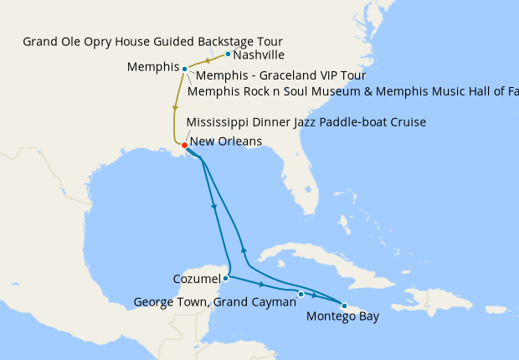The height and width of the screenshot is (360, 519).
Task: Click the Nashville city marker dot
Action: pyautogui.click(x=228, y=54)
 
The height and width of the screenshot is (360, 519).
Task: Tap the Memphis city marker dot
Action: pyautogui.click(x=184, y=69)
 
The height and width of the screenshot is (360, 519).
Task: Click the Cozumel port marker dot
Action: pyautogui.click(x=226, y=278)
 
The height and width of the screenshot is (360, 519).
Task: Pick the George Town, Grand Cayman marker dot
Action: pyautogui.click(x=301, y=294)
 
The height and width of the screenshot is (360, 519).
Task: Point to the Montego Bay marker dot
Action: pyautogui.click(x=344, y=305)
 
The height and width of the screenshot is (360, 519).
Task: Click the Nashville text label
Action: pyautogui.click(x=259, y=55)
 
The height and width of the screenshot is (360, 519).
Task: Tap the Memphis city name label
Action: pyautogui.click(x=153, y=67)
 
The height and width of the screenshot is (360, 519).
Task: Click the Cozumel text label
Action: pyautogui.click(x=197, y=279)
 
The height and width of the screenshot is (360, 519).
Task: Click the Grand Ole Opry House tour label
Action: pyautogui.click(x=152, y=41)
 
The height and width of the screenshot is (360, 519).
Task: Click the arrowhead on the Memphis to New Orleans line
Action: pyautogui.click(x=175, y=107)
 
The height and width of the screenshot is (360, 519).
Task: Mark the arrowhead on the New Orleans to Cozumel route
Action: pyautogui.click(x=216, y=207)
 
